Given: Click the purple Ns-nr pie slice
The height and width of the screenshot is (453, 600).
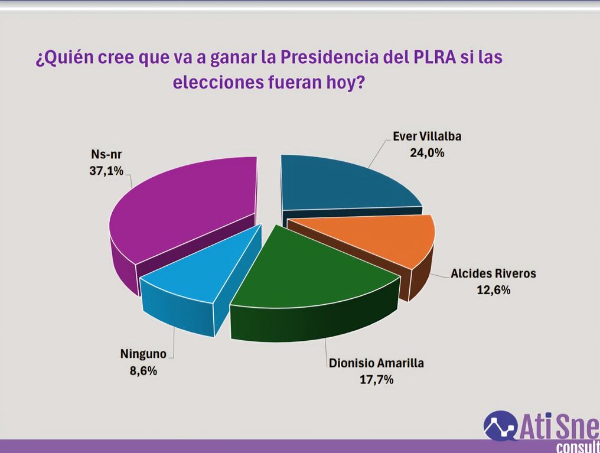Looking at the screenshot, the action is (x=184, y=214).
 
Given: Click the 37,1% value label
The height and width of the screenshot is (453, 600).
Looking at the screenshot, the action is (x=106, y=171).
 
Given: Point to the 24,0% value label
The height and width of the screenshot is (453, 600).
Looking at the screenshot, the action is (x=427, y=152).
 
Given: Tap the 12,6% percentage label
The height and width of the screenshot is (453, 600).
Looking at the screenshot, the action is (x=493, y=289).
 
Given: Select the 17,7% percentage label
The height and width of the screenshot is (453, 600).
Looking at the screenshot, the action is (x=377, y=379).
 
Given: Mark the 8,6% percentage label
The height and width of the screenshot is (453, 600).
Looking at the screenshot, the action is (x=143, y=370).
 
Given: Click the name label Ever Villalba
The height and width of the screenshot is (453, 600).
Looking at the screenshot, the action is (x=427, y=136).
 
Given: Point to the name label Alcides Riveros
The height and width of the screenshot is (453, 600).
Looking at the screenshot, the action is (x=493, y=273).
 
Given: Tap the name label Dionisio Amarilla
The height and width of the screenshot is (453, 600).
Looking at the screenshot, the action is (x=377, y=363).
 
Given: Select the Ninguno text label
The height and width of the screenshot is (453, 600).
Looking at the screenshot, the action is (x=143, y=354).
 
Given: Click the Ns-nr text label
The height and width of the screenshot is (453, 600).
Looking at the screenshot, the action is (x=106, y=154).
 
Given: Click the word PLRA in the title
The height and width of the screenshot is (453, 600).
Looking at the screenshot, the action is (x=435, y=57).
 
